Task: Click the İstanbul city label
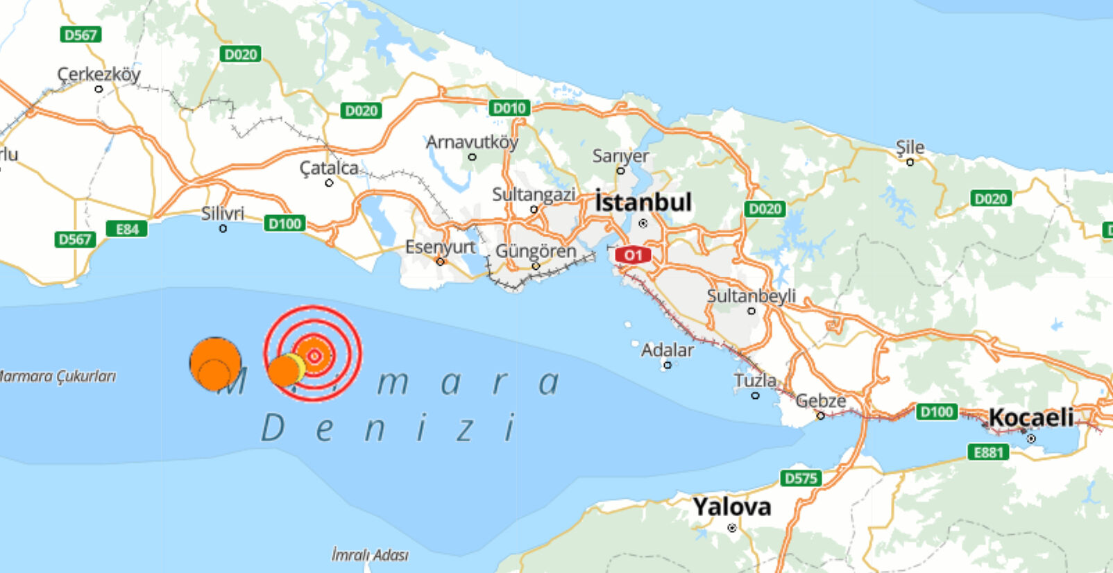(x=643, y=203)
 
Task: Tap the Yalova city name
(x=731, y=507)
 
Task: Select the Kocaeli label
(x=1030, y=418)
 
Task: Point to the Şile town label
(x=910, y=147)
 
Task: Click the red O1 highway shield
(x=632, y=255)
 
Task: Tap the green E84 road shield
(x=127, y=229)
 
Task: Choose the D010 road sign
(x=509, y=108)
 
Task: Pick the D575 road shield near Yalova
(x=801, y=478)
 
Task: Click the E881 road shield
(x=988, y=452)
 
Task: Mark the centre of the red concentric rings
(x=314, y=356)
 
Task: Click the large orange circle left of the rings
(x=215, y=362)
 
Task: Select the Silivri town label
(x=223, y=213)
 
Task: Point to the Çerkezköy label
(x=99, y=74)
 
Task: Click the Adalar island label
(x=667, y=350)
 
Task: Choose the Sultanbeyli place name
(x=751, y=296)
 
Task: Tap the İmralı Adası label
(x=369, y=555)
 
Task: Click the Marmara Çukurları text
(x=57, y=376)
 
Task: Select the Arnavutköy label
(x=472, y=142)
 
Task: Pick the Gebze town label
(x=820, y=401)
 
